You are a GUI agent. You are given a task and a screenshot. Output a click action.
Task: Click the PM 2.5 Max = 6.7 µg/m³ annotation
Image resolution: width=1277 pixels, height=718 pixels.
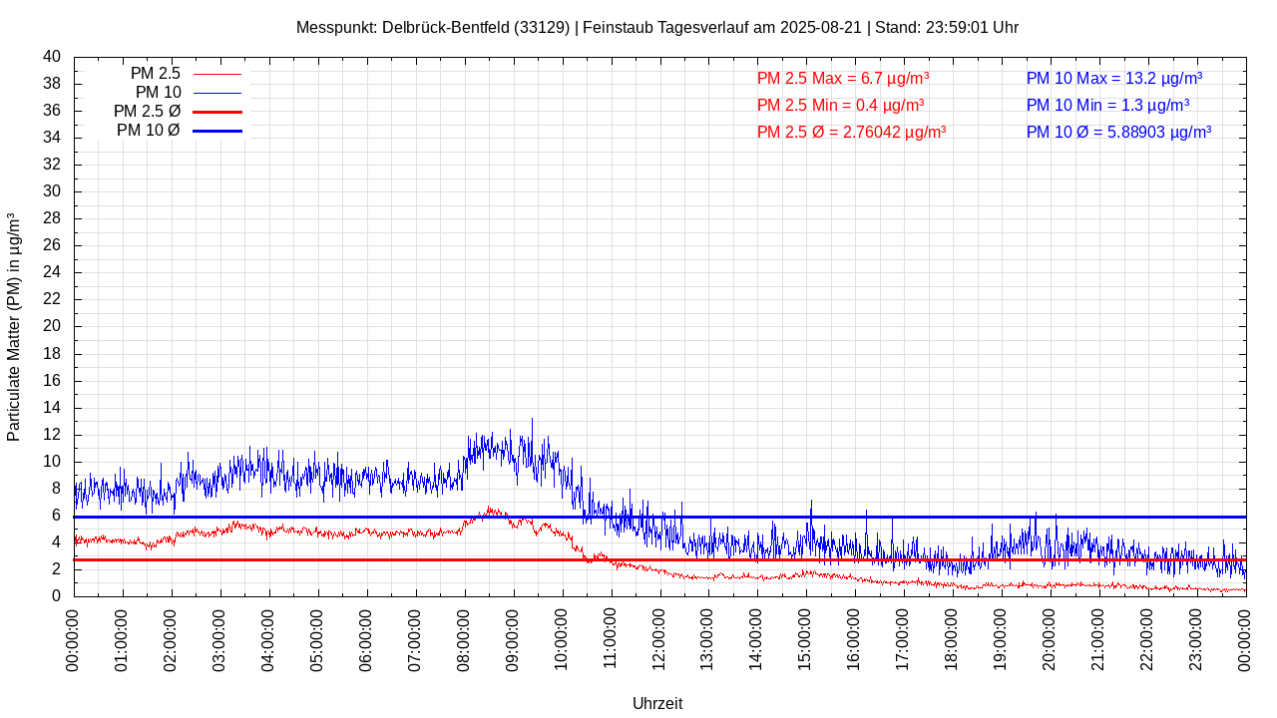[843, 78]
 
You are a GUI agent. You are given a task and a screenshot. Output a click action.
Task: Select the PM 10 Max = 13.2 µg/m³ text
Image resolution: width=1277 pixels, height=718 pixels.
[1114, 78]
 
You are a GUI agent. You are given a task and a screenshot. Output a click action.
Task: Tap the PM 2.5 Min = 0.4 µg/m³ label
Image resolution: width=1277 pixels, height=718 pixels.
[840, 105]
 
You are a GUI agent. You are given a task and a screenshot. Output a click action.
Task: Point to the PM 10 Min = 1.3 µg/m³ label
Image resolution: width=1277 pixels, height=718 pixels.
[1107, 105]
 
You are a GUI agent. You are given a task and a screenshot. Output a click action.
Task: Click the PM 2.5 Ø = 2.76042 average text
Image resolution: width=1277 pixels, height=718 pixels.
[851, 132]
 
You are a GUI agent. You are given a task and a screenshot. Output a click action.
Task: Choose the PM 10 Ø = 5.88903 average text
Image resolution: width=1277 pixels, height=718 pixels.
[1118, 132]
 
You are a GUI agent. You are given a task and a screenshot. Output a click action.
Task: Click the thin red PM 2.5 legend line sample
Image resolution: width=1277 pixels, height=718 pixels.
[217, 74]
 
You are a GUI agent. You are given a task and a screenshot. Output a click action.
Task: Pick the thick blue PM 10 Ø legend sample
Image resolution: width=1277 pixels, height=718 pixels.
[217, 131]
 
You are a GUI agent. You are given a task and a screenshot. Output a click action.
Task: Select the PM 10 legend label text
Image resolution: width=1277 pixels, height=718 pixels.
[158, 93]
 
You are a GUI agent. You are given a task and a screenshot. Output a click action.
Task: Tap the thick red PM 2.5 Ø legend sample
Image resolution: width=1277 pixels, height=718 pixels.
[217, 112]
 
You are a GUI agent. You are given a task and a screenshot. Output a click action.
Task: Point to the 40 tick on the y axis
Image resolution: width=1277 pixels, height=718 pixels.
[52, 57]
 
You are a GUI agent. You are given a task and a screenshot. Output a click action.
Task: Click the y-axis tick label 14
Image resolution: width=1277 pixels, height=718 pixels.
[52, 408]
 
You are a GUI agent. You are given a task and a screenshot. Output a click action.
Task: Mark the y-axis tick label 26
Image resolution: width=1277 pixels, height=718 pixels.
[52, 245]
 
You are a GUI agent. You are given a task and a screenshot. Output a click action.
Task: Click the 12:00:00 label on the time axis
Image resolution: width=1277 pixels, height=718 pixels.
[658, 638]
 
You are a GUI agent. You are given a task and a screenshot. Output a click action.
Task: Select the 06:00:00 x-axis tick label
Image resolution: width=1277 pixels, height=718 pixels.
[366, 638]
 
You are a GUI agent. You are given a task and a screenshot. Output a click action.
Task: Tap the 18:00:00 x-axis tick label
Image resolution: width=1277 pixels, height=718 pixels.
[952, 638]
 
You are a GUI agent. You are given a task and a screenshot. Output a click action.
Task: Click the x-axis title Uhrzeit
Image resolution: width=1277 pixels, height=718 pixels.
[657, 703]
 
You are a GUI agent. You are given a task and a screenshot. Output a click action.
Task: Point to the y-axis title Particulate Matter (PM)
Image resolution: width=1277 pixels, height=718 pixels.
[14, 327]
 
